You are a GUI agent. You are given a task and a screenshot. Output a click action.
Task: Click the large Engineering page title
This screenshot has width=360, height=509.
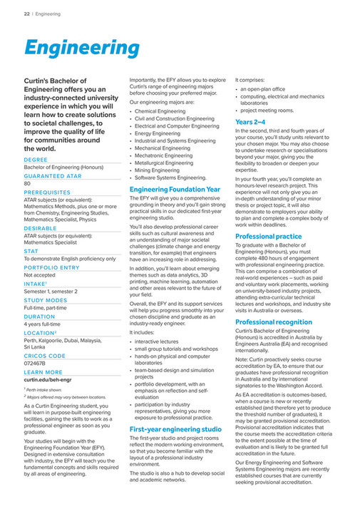[81, 48]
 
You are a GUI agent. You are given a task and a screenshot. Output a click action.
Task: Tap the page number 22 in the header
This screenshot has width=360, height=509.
[26, 13]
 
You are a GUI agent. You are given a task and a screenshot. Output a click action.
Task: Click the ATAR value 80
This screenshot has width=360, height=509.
[27, 183]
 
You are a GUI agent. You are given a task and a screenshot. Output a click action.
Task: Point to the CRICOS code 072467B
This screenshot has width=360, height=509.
[34, 363]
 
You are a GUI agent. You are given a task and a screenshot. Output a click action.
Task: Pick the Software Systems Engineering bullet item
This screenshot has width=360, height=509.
[170, 177]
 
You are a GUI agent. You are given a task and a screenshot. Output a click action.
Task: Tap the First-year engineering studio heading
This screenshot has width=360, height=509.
[175, 430]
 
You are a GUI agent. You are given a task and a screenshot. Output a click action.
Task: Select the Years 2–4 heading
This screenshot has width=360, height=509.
[250, 122]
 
